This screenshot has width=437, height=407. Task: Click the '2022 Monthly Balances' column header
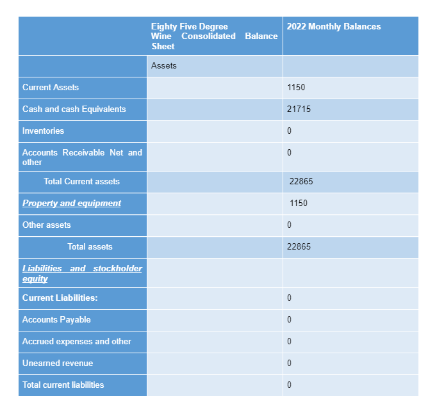pyautogui.click(x=333, y=27)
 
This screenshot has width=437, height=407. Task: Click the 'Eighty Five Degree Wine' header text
pyautogui.click(x=190, y=26)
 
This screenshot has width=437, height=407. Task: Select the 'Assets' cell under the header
pyautogui.click(x=164, y=66)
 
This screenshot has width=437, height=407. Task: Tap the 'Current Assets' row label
pyautogui.click(x=51, y=87)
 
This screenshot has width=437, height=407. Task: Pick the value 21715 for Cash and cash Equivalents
pyautogui.click(x=299, y=109)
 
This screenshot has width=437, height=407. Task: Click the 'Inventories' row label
pyautogui.click(x=43, y=131)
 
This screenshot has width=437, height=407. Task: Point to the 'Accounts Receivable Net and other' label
pyautogui.click(x=82, y=157)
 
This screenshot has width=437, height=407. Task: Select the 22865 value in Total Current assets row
pyautogui.click(x=301, y=182)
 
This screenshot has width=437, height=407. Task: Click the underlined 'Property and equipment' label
pyautogui.click(x=72, y=203)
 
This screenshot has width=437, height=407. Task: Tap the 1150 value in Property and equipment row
pyautogui.click(x=299, y=203)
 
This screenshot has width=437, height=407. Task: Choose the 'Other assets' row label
pyautogui.click(x=47, y=225)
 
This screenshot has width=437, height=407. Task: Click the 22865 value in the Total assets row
pyautogui.click(x=299, y=247)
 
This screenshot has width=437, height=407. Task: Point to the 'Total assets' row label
pyautogui.click(x=90, y=247)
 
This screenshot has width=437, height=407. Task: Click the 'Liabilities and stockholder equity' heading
pyautogui.click(x=82, y=273)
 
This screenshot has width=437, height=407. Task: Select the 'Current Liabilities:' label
pyautogui.click(x=60, y=298)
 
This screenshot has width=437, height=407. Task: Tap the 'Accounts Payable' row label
pyautogui.click(x=56, y=320)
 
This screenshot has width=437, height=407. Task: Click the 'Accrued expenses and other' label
pyautogui.click(x=77, y=342)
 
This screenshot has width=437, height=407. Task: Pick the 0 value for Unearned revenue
pyautogui.click(x=290, y=363)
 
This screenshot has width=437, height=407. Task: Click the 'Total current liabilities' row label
pyautogui.click(x=63, y=385)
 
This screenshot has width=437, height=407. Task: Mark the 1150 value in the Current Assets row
pyautogui.click(x=296, y=88)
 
